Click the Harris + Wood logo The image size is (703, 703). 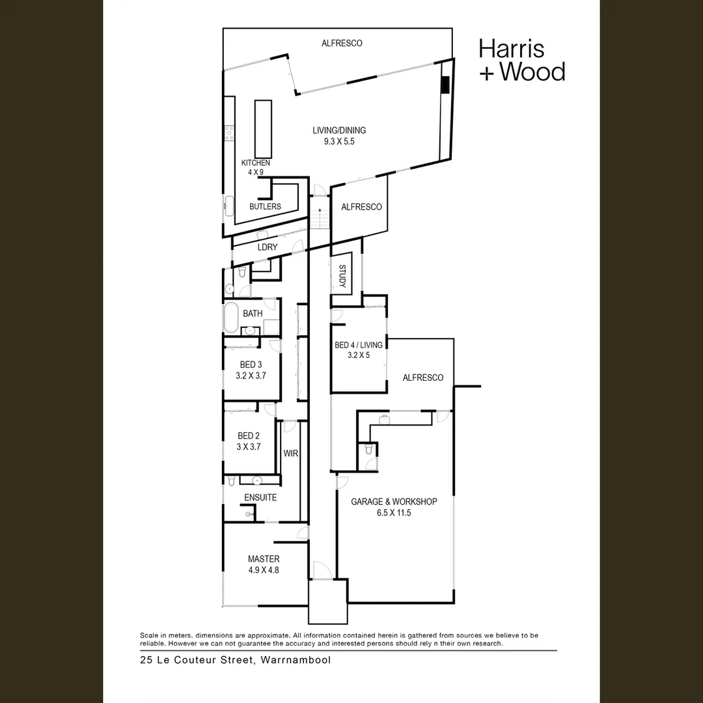point(521,60)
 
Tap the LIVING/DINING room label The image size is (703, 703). point(339,130)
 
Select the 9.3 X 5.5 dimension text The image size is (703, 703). point(339,141)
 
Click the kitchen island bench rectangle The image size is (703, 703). point(263,126)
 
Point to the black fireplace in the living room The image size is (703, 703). point(445,85)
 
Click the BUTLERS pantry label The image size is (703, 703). point(265,206)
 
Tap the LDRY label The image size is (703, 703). point(267,247)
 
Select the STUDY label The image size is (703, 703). point(342,276)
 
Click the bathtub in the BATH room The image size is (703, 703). point(231,318)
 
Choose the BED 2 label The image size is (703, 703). point(249,436)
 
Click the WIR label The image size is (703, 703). point(290,453)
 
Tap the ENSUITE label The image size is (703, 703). point(260,497)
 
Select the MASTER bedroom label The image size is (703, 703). point(264,558)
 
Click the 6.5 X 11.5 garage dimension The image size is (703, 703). point(393,513)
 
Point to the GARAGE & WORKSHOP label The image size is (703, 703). point(394,501)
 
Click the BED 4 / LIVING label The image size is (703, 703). point(359,344)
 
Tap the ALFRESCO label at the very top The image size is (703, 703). point(342,44)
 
